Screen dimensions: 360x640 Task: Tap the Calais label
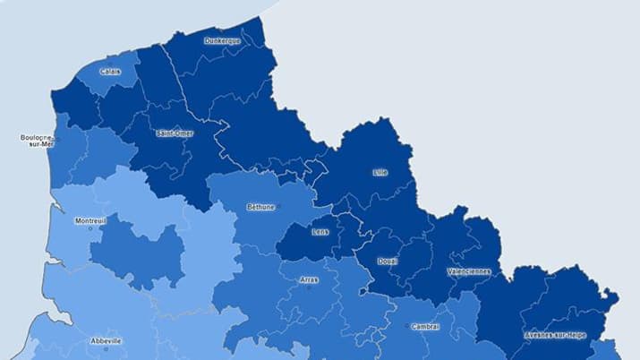[x=110, y=72]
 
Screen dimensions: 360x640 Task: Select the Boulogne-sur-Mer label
[x=37, y=141]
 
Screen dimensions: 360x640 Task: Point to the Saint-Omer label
[x=174, y=133]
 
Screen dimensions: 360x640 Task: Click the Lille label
[x=380, y=172]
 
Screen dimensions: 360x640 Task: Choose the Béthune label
[x=260, y=207]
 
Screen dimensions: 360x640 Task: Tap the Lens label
[x=320, y=232]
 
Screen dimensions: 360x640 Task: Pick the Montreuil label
[x=90, y=220]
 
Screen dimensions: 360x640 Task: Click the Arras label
[x=309, y=279]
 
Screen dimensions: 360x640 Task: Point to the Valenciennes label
[x=468, y=271]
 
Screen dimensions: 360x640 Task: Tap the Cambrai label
[x=425, y=327]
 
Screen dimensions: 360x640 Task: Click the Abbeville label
[x=106, y=341]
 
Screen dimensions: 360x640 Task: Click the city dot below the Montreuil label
[x=90, y=228]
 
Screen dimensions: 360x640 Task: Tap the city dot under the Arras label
[x=309, y=287]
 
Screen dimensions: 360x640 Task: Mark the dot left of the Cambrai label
[x=407, y=327]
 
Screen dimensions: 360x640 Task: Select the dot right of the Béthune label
[x=278, y=207]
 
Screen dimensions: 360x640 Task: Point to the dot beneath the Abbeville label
[x=106, y=348]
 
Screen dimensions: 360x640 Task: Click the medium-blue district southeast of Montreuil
[x=134, y=251]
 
